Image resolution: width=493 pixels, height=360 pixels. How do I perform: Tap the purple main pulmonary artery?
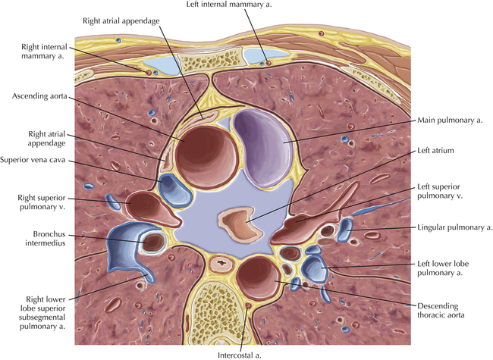click(x=263, y=148)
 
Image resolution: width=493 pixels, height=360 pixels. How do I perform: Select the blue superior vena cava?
click(x=174, y=190)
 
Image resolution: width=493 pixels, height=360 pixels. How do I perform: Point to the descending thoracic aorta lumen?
click(x=258, y=277)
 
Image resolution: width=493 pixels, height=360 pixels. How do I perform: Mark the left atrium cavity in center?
click(x=241, y=222)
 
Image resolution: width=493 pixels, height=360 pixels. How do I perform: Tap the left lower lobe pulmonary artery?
click(x=315, y=268)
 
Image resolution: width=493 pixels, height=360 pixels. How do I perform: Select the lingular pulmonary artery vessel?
click(x=345, y=230)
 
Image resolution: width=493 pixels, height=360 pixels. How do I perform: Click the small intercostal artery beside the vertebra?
click(x=249, y=305)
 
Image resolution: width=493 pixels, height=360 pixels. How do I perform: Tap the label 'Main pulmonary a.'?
click(x=450, y=121)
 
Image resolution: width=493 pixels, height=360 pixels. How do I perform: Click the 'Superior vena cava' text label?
click(x=33, y=160)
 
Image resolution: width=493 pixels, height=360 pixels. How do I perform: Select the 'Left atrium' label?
click(x=435, y=151)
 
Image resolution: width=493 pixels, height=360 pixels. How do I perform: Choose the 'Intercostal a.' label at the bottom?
click(x=240, y=355)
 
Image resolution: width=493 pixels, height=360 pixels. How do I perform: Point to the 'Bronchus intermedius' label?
click(x=46, y=239)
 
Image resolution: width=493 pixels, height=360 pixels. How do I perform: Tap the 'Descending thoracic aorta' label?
click(x=441, y=311)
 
